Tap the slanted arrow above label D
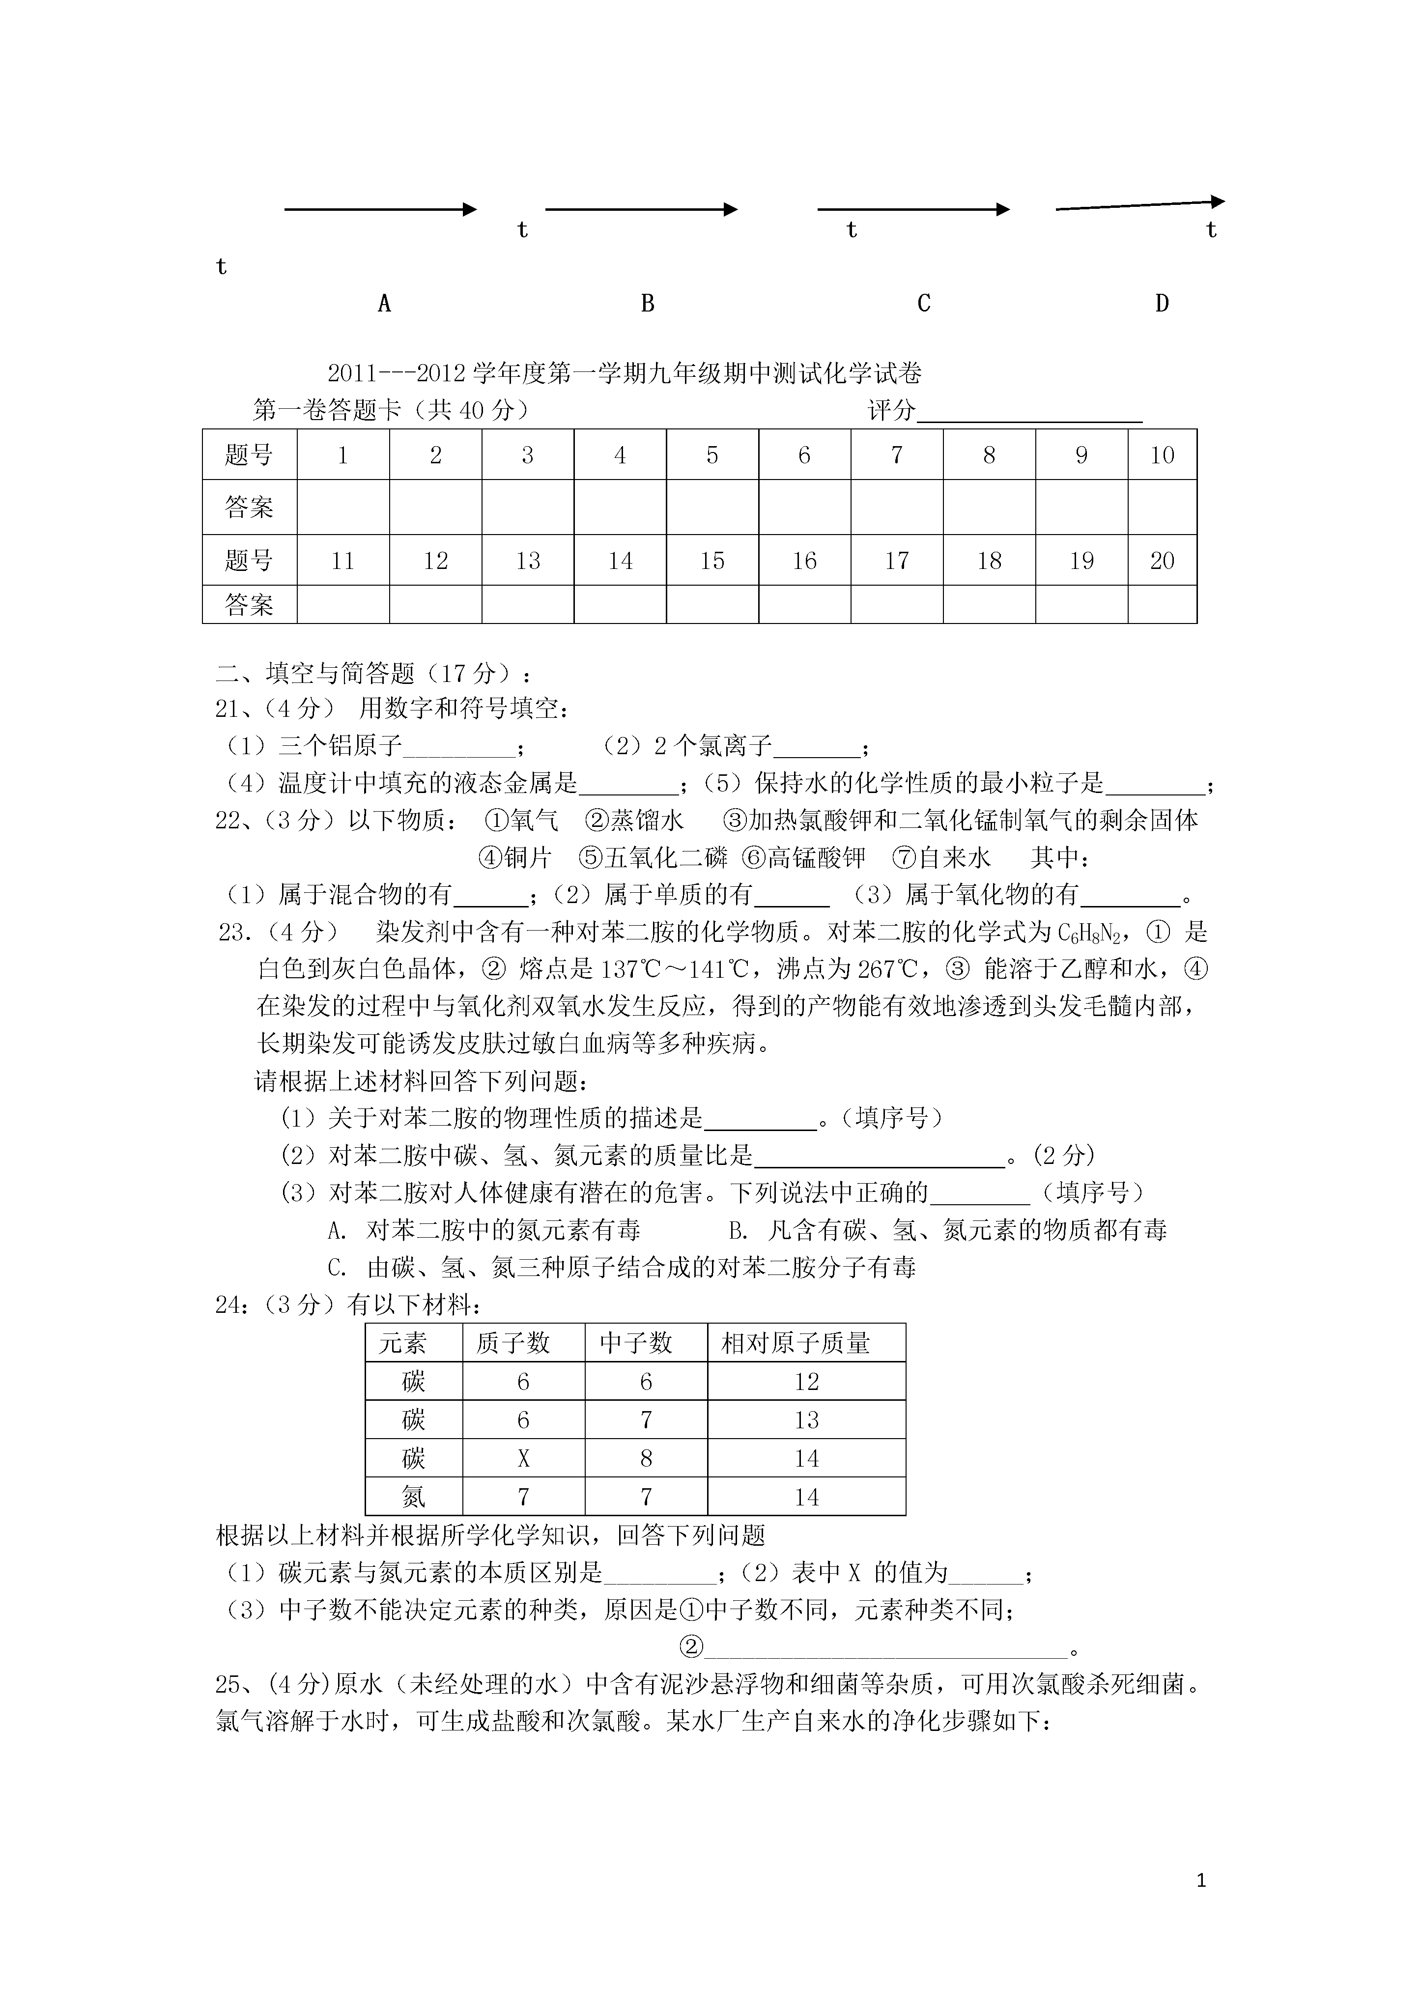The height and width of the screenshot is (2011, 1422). [1139, 205]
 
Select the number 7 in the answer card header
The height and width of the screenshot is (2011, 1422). [896, 454]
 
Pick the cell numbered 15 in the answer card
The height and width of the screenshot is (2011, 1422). [712, 561]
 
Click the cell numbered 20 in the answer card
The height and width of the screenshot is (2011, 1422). [1162, 561]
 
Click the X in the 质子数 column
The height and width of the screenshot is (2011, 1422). [523, 1458]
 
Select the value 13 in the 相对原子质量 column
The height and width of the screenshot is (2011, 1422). [806, 1420]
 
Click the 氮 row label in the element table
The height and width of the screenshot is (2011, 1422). [414, 1497]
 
